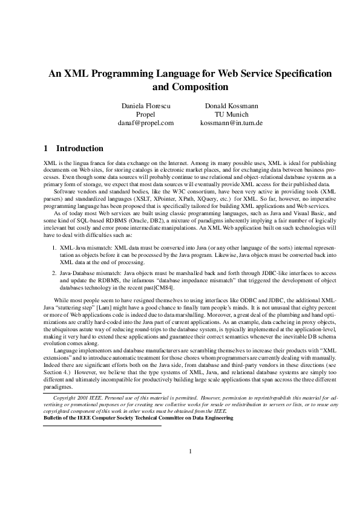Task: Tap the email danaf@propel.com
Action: pos(145,123)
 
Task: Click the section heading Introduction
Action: pos(79,149)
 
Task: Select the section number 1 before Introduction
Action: pos(46,149)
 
